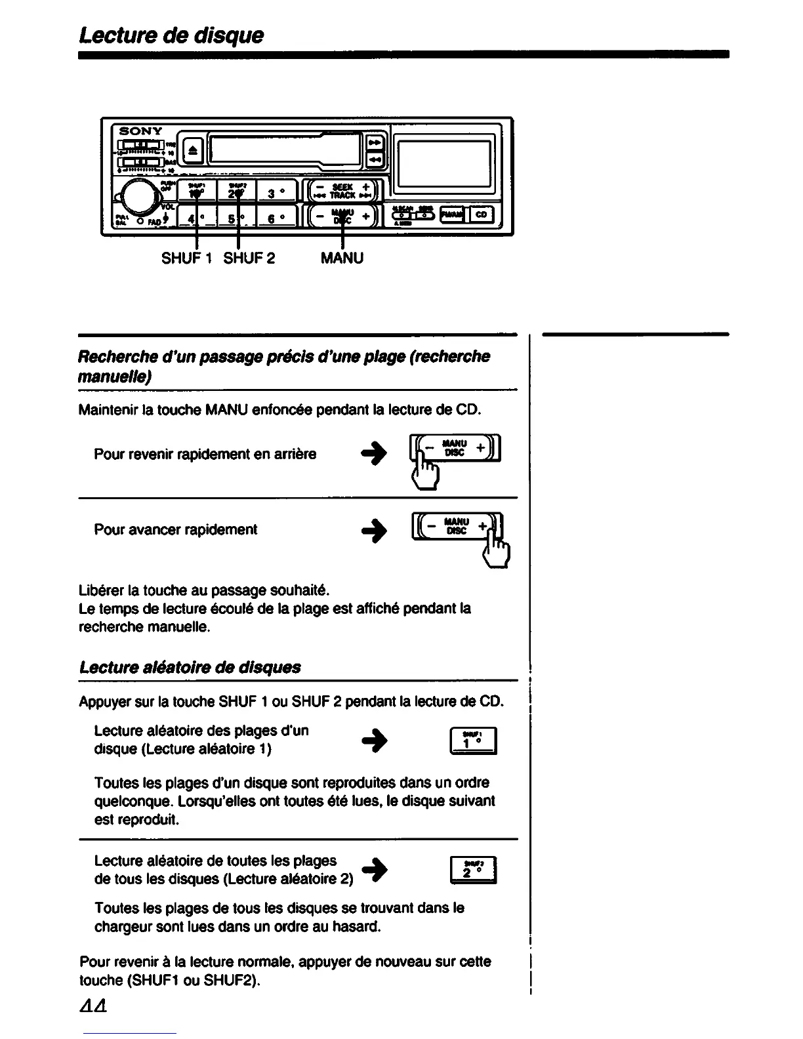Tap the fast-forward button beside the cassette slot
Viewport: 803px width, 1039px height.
375,142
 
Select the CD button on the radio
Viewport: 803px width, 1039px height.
482,214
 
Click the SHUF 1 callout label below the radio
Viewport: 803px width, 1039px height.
186,258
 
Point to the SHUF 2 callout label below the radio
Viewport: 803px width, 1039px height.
249,258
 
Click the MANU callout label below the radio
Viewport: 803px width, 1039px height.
342,258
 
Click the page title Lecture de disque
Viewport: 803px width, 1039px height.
171,35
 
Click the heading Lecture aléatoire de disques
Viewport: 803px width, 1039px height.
190,667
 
